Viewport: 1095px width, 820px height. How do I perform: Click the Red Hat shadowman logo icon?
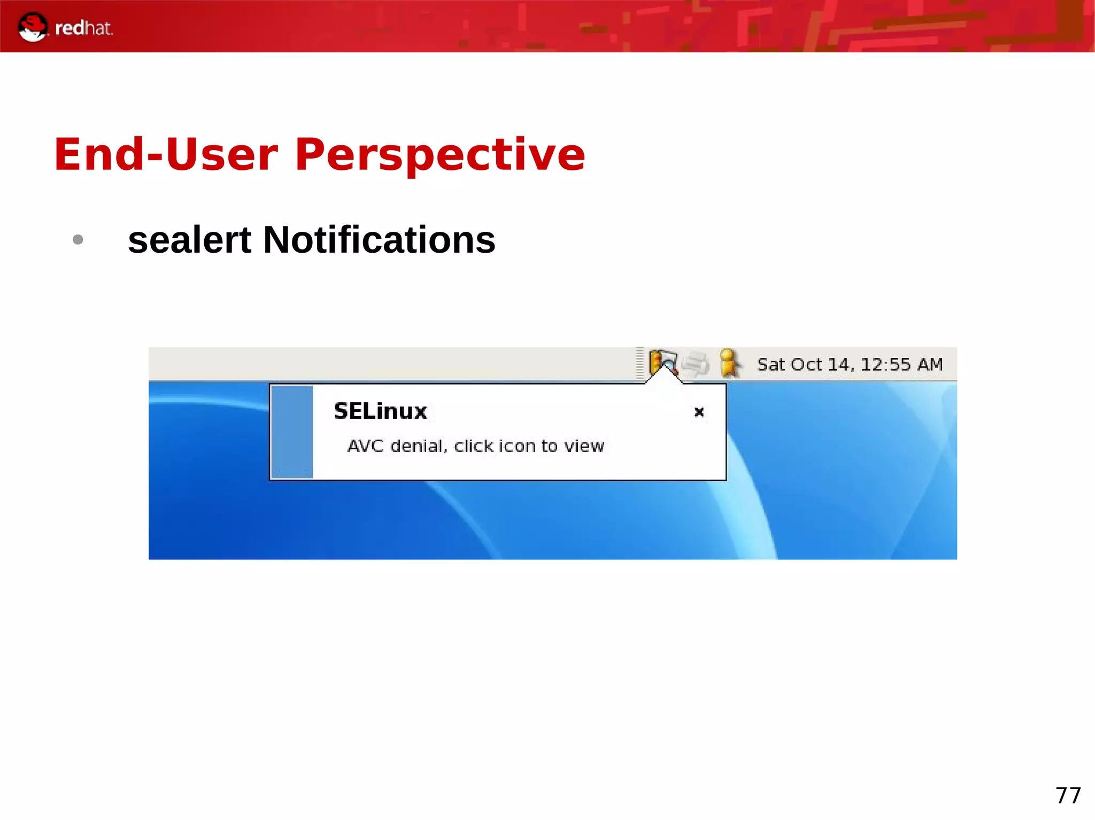pyautogui.click(x=32, y=27)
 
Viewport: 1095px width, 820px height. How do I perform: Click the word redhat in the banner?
pyautogui.click(x=84, y=28)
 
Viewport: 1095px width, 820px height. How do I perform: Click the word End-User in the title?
pyautogui.click(x=166, y=155)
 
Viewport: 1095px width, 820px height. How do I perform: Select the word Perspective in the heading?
pyautogui.click(x=439, y=155)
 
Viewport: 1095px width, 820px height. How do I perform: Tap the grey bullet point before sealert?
pyautogui.click(x=78, y=239)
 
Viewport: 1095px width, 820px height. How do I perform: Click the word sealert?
pyautogui.click(x=189, y=240)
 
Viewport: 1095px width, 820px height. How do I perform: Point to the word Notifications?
pyautogui.click(x=379, y=240)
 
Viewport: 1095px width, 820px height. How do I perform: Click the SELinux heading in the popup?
pyautogui.click(x=380, y=411)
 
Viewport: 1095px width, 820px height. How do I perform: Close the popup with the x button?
pyautogui.click(x=699, y=412)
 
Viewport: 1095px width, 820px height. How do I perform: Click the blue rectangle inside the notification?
pyautogui.click(x=292, y=432)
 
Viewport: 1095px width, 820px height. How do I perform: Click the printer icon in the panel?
pyautogui.click(x=696, y=364)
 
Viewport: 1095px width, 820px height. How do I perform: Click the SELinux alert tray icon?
pyautogui.click(x=663, y=362)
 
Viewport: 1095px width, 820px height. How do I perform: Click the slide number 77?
pyautogui.click(x=1068, y=795)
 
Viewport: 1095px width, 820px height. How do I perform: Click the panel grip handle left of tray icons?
pyautogui.click(x=640, y=363)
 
